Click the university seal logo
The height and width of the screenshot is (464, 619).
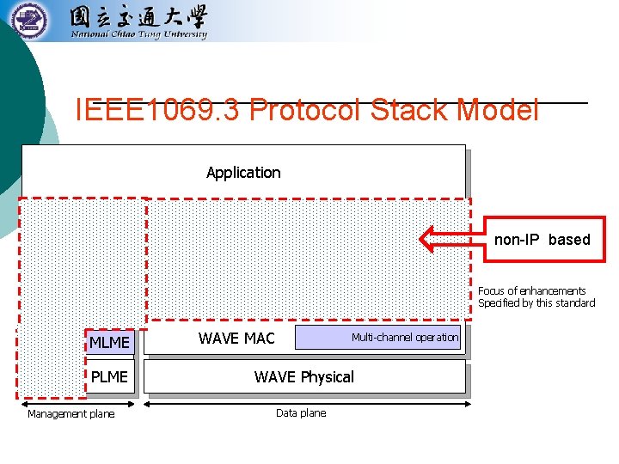click(30, 20)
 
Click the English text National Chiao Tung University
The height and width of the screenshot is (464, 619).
click(138, 35)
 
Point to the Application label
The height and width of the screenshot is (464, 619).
click(243, 173)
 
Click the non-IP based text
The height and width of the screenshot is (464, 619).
click(542, 240)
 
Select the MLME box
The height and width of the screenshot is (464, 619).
click(110, 343)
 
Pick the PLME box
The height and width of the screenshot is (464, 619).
click(110, 376)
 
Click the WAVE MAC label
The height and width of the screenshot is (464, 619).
click(236, 339)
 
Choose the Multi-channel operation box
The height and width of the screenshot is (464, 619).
click(378, 338)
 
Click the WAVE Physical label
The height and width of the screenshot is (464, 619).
click(303, 377)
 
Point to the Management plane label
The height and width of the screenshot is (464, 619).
click(70, 414)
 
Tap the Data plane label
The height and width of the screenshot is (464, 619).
click(301, 413)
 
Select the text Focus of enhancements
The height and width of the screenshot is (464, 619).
click(531, 291)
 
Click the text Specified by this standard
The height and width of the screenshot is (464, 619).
click(536, 303)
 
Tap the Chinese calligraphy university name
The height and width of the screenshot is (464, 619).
click(138, 16)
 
